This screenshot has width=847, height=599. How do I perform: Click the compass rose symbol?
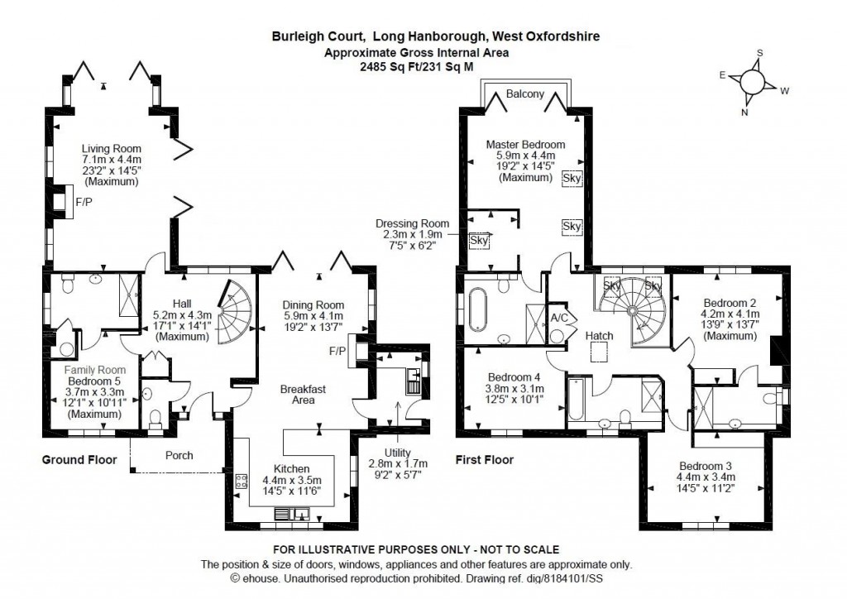click(753, 82)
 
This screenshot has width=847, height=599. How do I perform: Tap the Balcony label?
click(526, 93)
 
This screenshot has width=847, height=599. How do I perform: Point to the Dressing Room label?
click(412, 223)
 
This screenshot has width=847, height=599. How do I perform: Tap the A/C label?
click(558, 317)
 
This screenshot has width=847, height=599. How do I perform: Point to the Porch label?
click(179, 454)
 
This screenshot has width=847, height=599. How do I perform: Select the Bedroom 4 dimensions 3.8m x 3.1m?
click(513, 388)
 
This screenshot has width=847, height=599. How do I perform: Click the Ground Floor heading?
click(79, 460)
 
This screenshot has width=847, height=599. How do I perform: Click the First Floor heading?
click(484, 460)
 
